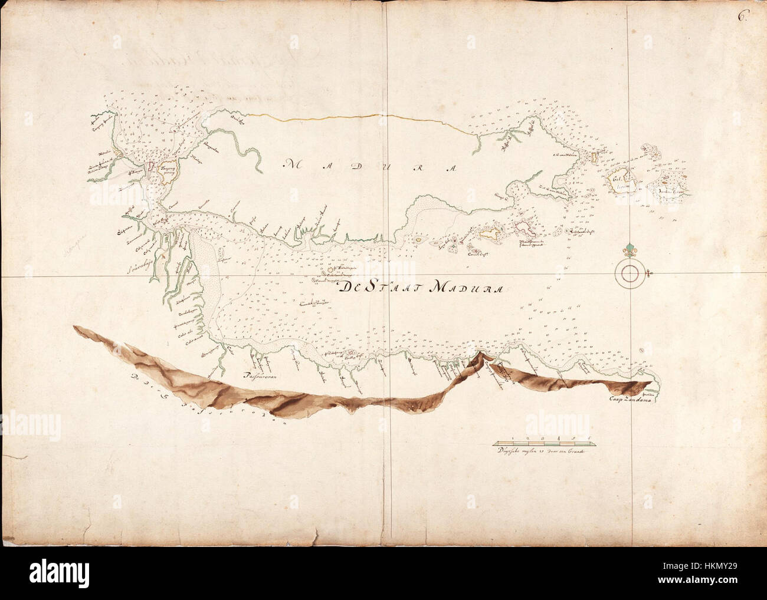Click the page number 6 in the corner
(742, 16)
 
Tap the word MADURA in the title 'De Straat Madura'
(466, 288)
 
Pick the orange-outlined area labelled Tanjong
(168, 168)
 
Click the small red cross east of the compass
(648, 273)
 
